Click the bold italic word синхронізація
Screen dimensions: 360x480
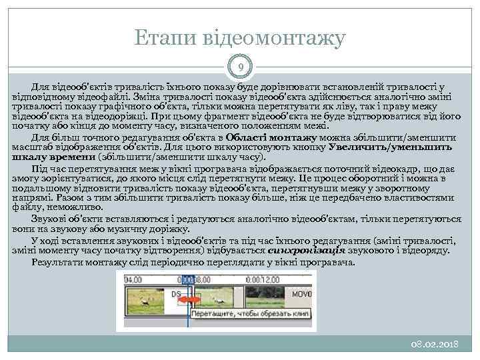pos(307,251)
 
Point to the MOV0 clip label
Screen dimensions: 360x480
pos(301,294)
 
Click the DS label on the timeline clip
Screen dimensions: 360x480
pos(176,294)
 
